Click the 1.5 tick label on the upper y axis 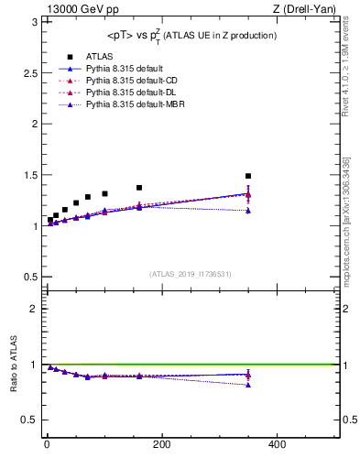coord(29,174)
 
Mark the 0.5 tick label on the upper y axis coord(29,277)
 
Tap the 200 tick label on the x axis coord(161,444)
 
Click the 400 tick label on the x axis coord(277,444)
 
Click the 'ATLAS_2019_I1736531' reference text coord(191,273)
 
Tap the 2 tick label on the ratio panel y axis coord(34,309)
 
